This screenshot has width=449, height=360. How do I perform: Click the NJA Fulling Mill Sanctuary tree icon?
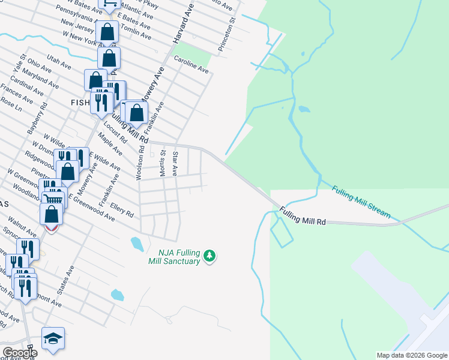click(209, 256)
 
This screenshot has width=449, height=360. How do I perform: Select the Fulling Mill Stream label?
click(361, 201)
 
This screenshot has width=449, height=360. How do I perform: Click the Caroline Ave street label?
click(191, 65)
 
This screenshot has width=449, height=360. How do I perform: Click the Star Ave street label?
click(175, 163)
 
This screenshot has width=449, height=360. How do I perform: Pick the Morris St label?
click(162, 163)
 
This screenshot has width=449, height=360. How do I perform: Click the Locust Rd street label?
click(116, 132)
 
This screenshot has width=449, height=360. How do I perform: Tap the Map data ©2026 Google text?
click(412, 355)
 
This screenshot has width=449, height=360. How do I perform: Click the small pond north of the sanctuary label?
click(136, 243)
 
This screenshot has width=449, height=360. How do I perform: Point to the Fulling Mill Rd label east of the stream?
click(302, 217)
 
